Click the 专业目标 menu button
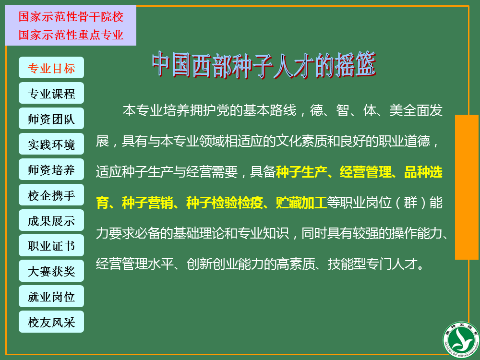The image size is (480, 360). coord(51,68)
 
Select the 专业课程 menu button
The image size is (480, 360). coord(51,93)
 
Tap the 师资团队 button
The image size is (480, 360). coord(51,119)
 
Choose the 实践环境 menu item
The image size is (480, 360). coord(51,144)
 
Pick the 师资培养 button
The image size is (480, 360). coord(51,169)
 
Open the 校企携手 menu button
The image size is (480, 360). coord(51,195)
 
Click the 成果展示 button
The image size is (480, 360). coord(51,220)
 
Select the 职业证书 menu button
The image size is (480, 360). coord(51,245)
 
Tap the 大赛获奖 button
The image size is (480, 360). coord(51,271)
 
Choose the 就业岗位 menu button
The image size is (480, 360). coord(51,296)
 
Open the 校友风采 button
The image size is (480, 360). coord(51,322)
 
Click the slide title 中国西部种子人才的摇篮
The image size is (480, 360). coord(264,65)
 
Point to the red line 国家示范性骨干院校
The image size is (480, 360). coord(71,16)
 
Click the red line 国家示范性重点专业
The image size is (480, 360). coord(71,35)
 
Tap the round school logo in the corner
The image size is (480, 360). coord(461,340)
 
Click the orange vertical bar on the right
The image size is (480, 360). coord(467,187)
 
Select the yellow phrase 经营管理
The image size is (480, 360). coord(365,172)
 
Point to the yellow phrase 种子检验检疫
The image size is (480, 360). coord(224,203)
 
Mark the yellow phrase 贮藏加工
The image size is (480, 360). coord(301,203)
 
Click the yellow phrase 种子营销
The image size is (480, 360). coord(147,203)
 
